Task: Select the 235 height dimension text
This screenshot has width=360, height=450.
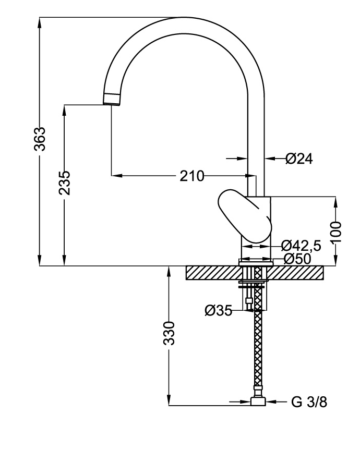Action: tap(64, 183)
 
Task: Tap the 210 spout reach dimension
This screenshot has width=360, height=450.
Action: tap(191, 176)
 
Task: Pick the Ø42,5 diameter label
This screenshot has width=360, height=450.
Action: tap(301, 246)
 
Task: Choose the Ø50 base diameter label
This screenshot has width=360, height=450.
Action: tap(297, 259)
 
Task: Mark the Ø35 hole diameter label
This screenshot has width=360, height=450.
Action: tap(218, 311)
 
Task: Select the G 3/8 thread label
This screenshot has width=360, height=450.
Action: tap(310, 402)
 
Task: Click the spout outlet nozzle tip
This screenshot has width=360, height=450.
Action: tap(112, 99)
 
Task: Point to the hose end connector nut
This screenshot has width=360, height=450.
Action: tap(258, 402)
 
